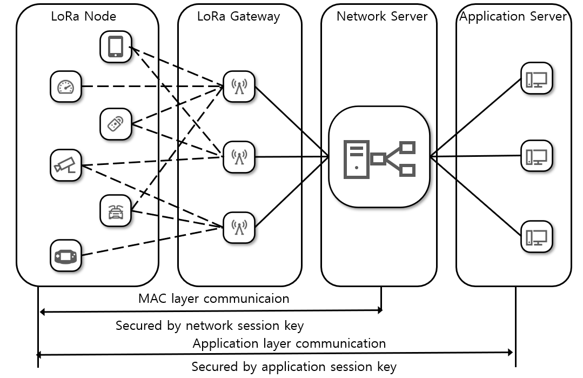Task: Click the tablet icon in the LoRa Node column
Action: click(116, 47)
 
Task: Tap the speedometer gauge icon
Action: click(66, 87)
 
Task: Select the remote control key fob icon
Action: click(116, 124)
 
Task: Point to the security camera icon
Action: click(66, 165)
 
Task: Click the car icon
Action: click(116, 211)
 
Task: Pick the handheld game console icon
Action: click(66, 256)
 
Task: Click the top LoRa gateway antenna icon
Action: click(239, 87)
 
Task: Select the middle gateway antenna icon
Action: click(239, 157)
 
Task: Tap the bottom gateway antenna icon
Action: click(239, 227)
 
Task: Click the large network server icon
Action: click(379, 157)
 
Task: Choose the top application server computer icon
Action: click(537, 78)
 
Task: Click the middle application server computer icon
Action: click(537, 156)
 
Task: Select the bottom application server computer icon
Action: click(537, 237)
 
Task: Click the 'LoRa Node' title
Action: click(83, 16)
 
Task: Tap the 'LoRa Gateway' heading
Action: click(238, 17)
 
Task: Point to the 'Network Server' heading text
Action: click(382, 16)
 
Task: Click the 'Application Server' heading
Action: click(513, 17)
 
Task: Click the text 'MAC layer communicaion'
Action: click(213, 299)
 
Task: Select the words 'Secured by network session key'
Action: click(210, 326)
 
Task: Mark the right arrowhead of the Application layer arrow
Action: click(511, 352)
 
